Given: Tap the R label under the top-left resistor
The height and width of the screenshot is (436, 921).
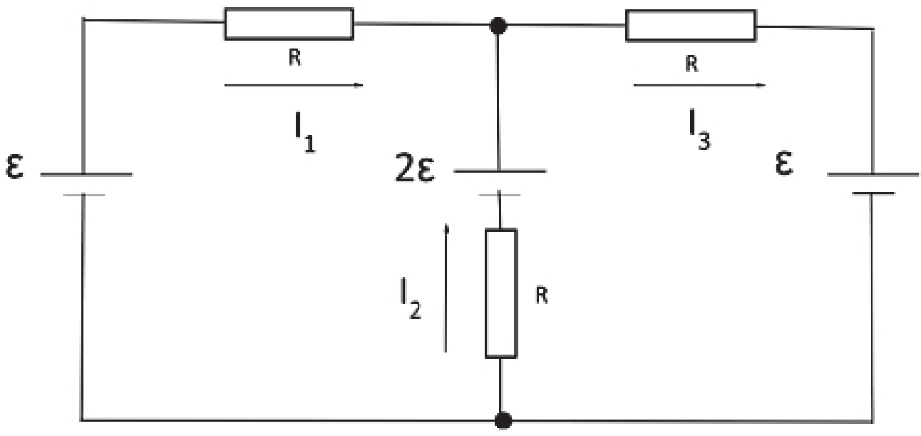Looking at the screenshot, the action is coord(295,57).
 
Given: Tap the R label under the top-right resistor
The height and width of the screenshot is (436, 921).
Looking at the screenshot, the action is coord(692,64).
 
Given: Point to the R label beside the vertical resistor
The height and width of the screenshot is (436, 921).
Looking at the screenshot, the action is coord(542,295).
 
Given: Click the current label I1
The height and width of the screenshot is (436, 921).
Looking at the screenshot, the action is coord(304,131).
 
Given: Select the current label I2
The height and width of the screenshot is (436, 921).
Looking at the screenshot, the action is coord(411,298).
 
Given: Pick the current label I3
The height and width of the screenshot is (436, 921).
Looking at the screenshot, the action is coord(700,129).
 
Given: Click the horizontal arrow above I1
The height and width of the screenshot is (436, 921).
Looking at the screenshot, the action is coord(294,85).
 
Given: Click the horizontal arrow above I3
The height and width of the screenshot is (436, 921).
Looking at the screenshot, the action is coord(699,85).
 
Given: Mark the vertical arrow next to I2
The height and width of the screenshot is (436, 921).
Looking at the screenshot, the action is coord(446,288).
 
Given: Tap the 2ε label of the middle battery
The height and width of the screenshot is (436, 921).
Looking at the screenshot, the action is coord(414,167).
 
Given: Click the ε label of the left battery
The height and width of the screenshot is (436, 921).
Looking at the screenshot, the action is coord(14,166).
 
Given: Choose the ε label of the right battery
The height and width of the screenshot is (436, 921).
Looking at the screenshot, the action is coord(784,163).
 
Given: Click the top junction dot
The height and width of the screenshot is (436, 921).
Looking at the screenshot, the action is coord(498,26).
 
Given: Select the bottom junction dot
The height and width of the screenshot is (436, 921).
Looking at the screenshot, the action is coord(503,421).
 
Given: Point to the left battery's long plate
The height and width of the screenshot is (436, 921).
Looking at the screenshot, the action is coord(86,175).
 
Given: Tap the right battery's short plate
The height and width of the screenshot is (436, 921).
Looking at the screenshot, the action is coord(873,193).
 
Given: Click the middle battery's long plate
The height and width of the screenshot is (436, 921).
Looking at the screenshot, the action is coord(500,171).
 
